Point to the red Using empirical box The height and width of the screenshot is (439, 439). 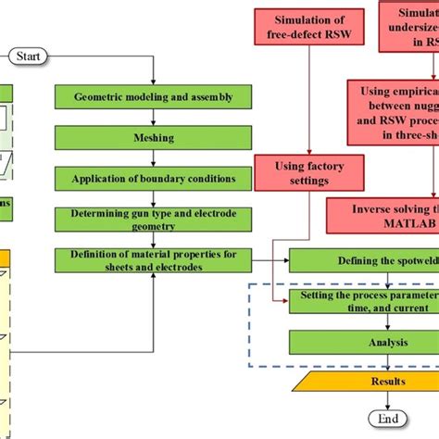[394, 112]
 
